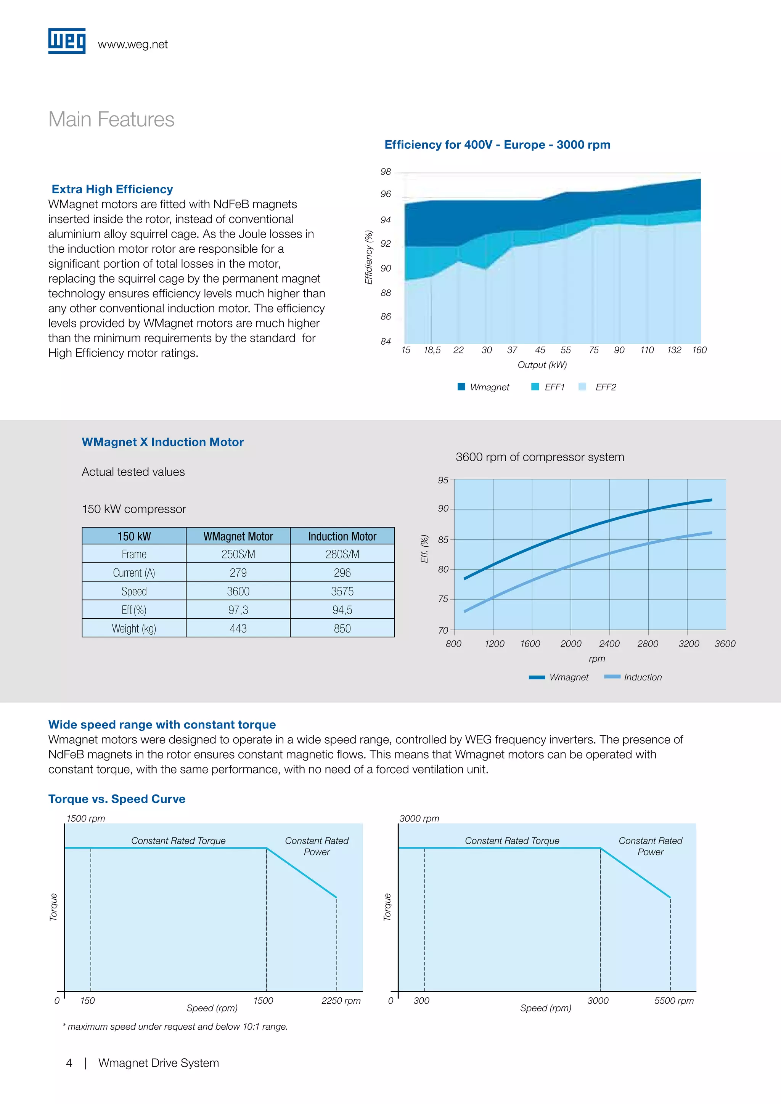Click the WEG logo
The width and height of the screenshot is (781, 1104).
coord(67,41)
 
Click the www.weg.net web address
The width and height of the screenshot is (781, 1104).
coord(133,44)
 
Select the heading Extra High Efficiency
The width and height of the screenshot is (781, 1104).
coord(112,189)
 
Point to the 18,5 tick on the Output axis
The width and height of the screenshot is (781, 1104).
coord(432,350)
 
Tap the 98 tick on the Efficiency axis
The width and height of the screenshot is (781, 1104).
coord(386,172)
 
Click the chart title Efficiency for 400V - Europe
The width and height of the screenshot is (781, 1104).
coord(497,145)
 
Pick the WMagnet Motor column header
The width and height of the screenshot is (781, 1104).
coord(238,536)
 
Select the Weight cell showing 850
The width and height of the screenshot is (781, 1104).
coord(342,629)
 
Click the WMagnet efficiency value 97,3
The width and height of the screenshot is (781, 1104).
coord(238,610)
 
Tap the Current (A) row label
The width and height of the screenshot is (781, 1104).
coord(134,573)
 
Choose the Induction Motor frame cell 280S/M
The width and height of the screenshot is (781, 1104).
coord(342,554)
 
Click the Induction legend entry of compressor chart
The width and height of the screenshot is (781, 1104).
coord(633,677)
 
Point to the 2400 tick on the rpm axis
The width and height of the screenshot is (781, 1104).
coord(609,643)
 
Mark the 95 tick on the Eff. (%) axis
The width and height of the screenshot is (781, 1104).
coord(443,480)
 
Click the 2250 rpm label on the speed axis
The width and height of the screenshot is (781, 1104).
coord(341,1001)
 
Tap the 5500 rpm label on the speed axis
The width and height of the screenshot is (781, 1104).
coord(674,1001)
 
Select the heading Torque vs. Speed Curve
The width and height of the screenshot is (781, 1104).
coord(117,799)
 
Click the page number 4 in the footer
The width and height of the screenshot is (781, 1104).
coord(69,1063)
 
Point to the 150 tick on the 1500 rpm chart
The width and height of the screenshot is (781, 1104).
coord(88,1001)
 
